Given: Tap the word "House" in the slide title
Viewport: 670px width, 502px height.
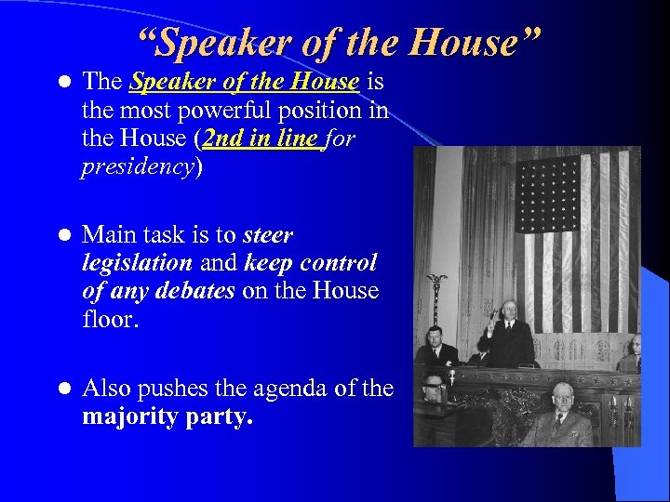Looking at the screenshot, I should coord(474,42).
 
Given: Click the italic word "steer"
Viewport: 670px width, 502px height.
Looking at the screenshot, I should coord(268,235).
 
